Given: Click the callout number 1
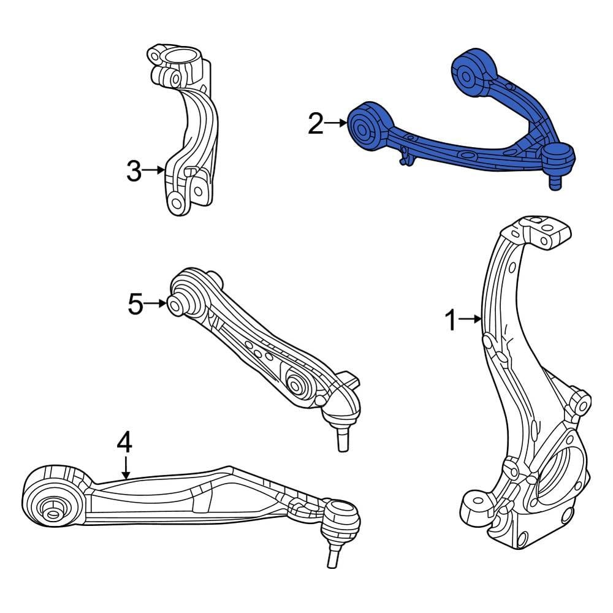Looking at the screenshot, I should (x=451, y=320).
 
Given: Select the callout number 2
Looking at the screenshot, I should (x=316, y=124).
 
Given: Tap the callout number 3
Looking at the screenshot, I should (x=134, y=172).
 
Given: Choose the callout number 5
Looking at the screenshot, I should (x=135, y=303).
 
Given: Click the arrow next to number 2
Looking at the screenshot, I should (x=336, y=124).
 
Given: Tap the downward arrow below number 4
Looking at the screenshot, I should (x=126, y=467).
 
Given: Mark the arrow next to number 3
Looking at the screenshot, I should (x=153, y=171).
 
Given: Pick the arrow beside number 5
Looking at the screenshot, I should (x=156, y=303).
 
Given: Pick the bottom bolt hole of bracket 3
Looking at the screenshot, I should (x=177, y=203).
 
